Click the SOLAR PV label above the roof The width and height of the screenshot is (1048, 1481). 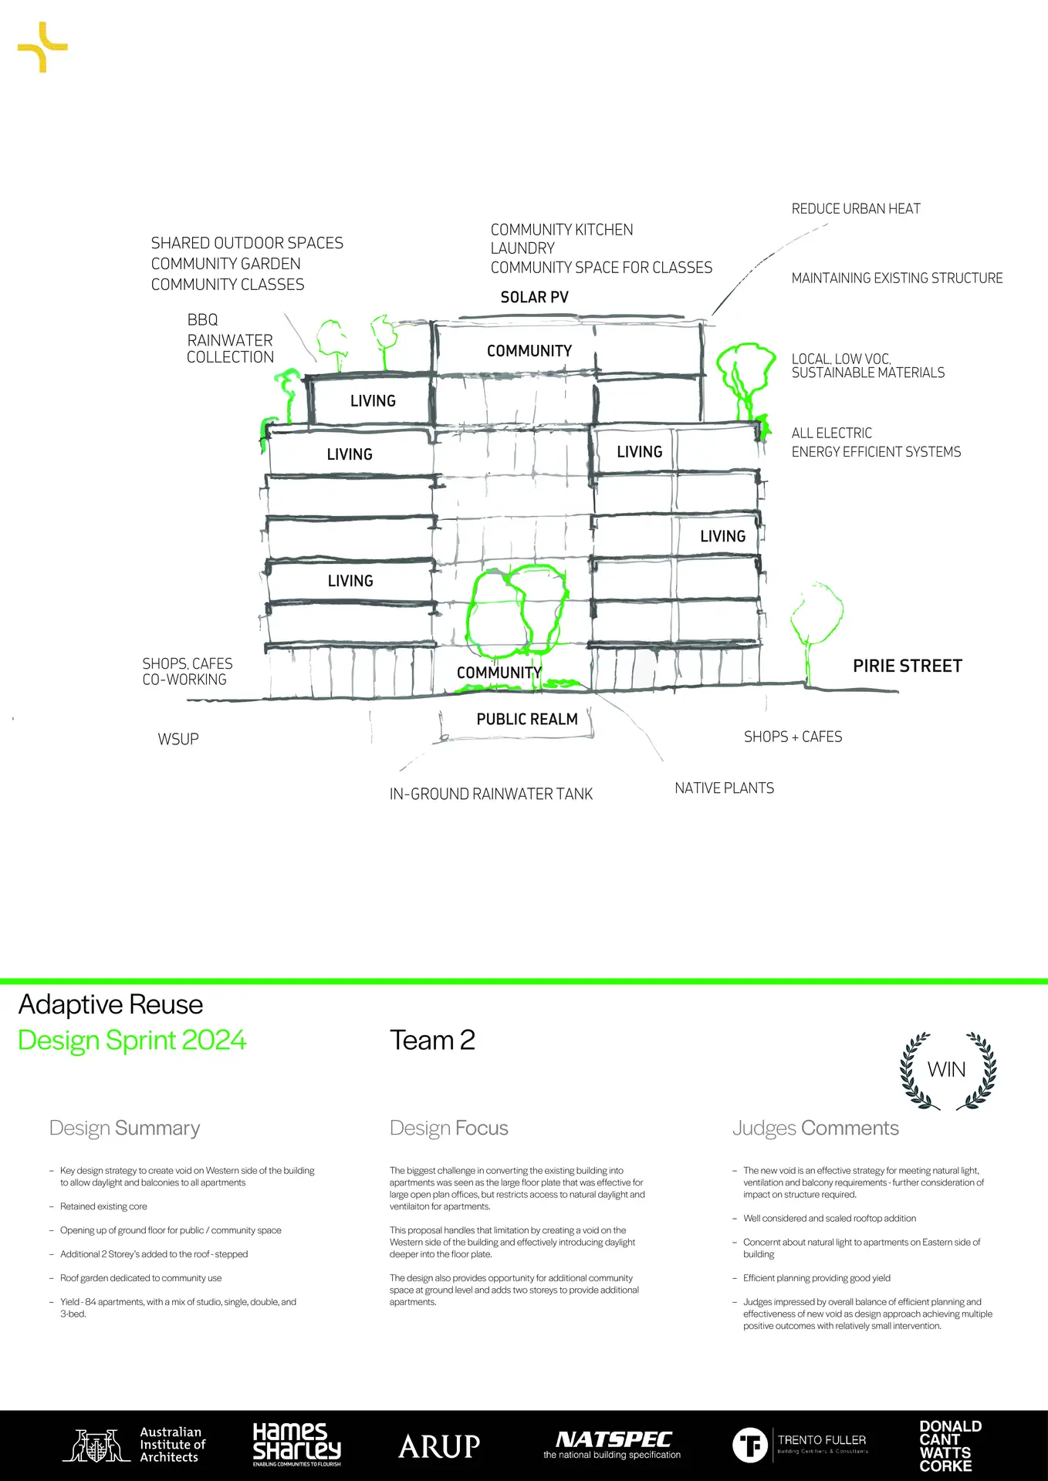534,298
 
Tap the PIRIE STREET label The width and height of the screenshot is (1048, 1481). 907,666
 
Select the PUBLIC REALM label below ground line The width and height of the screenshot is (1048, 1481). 527,720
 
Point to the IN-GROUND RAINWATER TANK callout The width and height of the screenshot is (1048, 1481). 491,794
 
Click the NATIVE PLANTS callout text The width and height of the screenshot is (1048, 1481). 724,788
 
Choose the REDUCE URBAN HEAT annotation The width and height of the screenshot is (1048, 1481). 856,209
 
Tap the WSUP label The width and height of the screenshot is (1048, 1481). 178,740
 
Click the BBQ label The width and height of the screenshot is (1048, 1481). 202,320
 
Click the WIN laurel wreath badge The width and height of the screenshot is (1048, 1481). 948,1071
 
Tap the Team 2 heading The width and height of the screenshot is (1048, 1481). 432,1041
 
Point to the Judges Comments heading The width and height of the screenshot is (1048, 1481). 815,1128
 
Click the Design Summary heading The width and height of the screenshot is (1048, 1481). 124,1128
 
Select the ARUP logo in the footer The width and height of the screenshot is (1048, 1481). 439,1446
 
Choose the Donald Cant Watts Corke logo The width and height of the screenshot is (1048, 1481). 949,1446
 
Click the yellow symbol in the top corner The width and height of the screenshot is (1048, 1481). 42,48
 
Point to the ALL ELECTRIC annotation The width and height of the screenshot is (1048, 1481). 831,434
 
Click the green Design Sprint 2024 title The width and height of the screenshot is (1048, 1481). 132,1041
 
